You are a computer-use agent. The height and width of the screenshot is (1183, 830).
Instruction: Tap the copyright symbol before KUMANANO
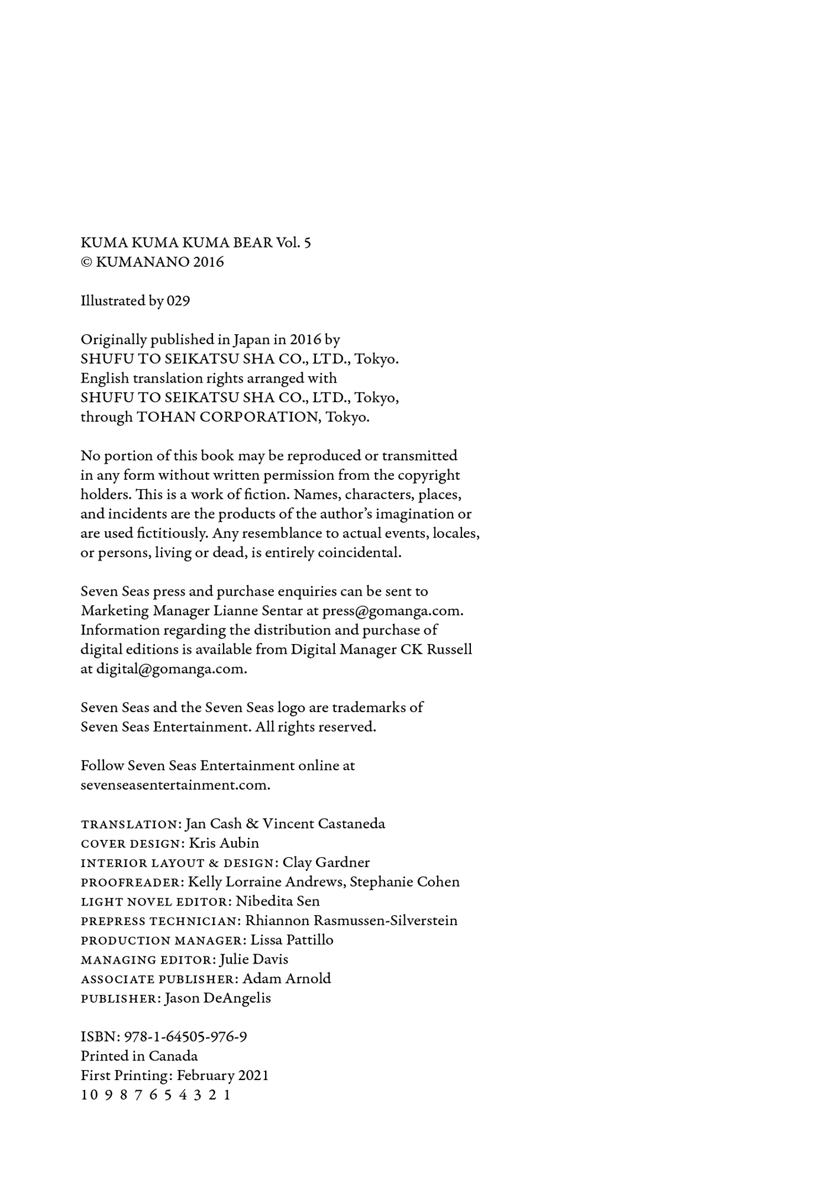86,262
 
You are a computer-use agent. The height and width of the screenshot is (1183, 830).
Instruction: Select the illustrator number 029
178,301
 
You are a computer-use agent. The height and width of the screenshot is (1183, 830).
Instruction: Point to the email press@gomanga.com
392,611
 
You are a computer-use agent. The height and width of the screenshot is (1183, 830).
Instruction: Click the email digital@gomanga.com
172,669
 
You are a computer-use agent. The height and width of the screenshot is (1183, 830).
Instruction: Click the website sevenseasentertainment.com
175,785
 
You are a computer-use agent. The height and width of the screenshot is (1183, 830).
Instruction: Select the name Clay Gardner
326,862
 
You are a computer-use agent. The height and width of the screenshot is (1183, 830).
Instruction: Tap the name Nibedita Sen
277,901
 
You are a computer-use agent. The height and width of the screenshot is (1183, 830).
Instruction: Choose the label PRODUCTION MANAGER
162,940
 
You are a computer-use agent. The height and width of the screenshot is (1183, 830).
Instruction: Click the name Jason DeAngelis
218,998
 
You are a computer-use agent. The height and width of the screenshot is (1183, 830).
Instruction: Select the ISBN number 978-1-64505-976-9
186,1037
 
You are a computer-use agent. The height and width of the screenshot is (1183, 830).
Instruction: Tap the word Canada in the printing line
173,1056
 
